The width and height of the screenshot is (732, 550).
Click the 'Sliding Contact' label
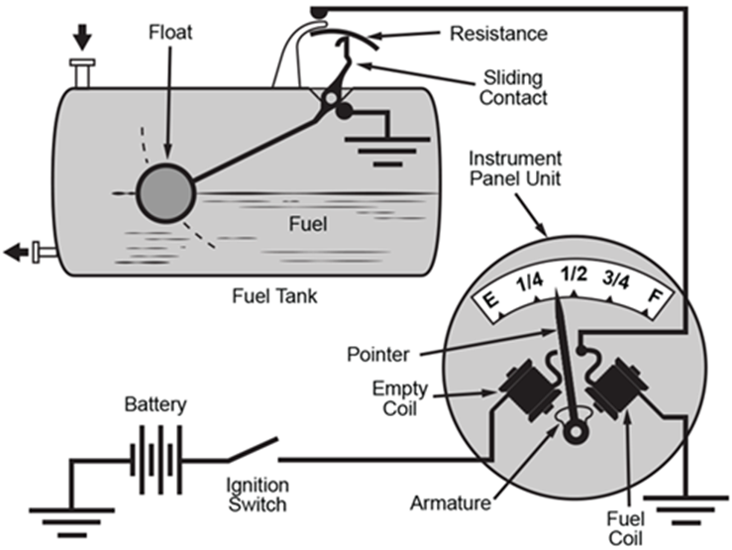click(x=511, y=85)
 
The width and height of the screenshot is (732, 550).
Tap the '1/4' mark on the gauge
click(x=528, y=280)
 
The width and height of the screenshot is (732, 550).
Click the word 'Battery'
click(x=155, y=405)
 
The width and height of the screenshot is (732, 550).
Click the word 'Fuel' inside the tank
click(x=307, y=223)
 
